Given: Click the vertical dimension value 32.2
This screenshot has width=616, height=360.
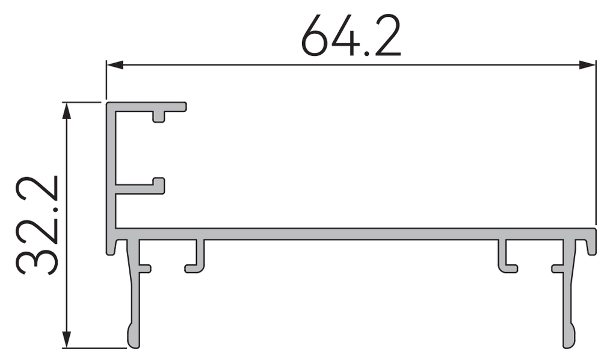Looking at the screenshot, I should point(37,225).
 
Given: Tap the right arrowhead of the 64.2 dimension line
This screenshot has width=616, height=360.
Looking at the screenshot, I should point(588,65).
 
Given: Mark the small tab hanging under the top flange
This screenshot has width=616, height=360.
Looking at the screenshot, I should point(159,116).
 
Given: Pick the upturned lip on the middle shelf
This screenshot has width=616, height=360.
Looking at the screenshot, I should point(159,183).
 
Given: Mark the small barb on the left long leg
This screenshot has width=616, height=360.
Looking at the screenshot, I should point(146,268).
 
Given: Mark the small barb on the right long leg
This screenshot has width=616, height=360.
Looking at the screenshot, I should point(557,268).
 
